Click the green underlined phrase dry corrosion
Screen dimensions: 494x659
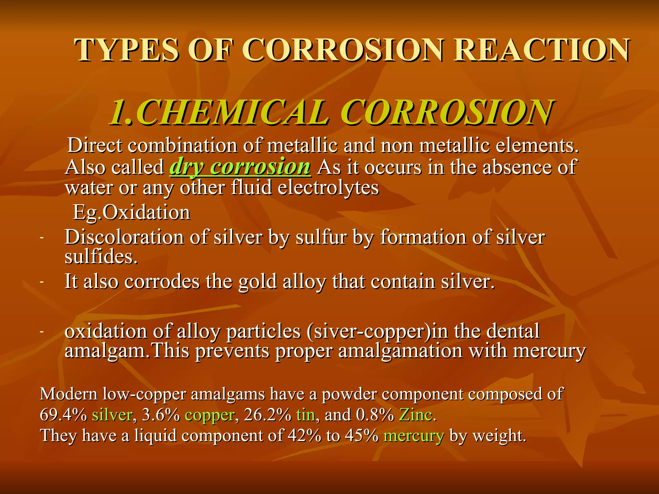point(240,167)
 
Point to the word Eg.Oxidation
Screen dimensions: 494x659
point(132,212)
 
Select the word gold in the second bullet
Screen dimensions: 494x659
point(257,282)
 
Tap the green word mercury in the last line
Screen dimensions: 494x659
point(414,436)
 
